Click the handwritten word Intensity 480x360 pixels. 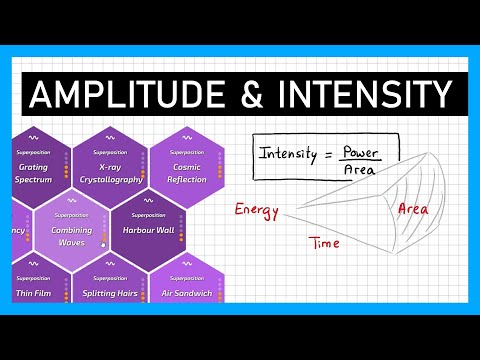(287, 154)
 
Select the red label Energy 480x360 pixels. (256, 210)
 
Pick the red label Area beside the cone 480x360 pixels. (413, 209)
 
